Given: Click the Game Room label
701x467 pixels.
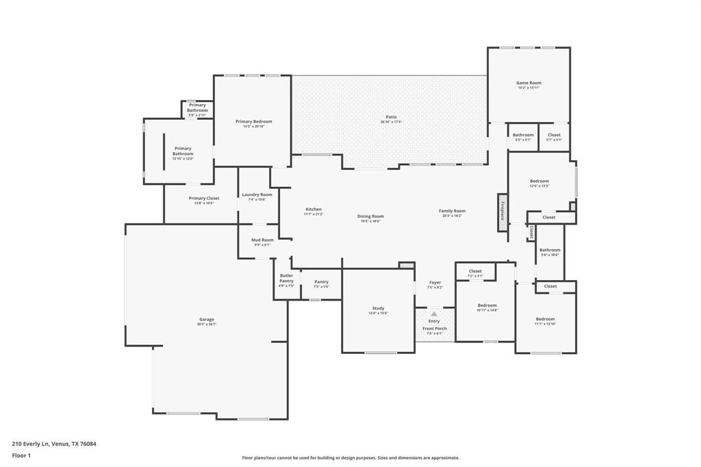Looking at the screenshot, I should [x=528, y=83].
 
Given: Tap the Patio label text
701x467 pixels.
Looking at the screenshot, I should [x=391, y=117].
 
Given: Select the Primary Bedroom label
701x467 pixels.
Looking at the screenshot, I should [x=253, y=122].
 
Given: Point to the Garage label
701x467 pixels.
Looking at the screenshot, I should [x=207, y=320].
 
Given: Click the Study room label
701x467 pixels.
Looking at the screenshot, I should [x=378, y=309].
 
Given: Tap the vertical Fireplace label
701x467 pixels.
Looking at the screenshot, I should [x=502, y=212].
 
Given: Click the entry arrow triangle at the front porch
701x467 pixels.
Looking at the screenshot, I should [x=434, y=314].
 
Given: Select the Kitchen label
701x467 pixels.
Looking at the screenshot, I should [x=314, y=210].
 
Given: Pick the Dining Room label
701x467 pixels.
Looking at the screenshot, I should [x=370, y=216].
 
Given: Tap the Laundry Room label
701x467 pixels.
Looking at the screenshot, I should [x=257, y=194].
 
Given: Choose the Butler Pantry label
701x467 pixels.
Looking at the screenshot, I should [x=286, y=278].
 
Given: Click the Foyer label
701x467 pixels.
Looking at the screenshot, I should [x=435, y=283].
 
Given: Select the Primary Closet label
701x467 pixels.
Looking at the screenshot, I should [x=204, y=199].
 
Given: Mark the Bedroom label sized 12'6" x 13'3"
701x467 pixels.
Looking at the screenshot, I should [x=539, y=181].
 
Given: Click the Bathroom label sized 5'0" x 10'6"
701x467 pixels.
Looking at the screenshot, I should [x=550, y=250].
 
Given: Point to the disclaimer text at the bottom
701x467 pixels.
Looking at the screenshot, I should [x=350, y=458].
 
